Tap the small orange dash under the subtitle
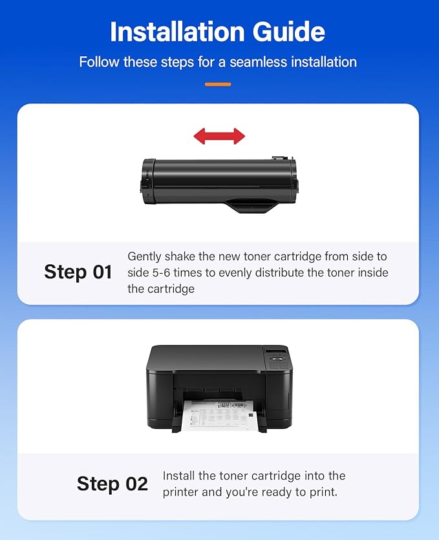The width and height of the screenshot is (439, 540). click(x=218, y=84)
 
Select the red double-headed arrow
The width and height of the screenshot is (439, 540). click(x=219, y=136)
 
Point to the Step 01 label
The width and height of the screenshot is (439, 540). click(x=78, y=272)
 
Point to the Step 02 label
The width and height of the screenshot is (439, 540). click(x=112, y=484)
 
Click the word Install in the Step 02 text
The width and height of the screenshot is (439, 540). click(x=180, y=476)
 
